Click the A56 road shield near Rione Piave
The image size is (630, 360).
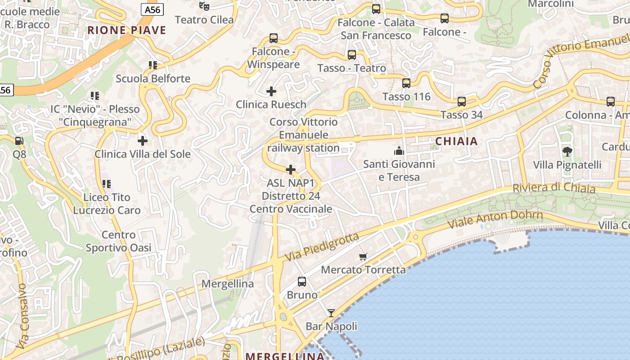tap(152, 9)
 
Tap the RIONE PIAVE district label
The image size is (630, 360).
tap(126, 31)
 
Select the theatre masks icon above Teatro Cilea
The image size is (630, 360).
tap(204, 6)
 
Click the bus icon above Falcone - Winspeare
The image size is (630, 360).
tap(274, 38)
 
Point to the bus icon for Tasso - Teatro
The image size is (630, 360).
tap(352, 55)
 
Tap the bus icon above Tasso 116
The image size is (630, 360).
tap(406, 83)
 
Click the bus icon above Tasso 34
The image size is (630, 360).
tap(462, 102)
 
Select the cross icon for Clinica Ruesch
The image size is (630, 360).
tap(271, 91)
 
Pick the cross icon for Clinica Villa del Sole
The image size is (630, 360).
tap(143, 141)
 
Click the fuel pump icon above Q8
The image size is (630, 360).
tap(19, 141)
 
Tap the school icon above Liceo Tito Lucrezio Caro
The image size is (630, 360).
tap(107, 184)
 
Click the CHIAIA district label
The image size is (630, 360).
tap(456, 141)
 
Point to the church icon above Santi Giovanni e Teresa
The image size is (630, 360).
tap(399, 151)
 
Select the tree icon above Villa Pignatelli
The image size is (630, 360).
tap(567, 152)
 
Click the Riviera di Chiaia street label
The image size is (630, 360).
tap(554, 188)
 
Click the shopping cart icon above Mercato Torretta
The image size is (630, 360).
tap(363, 257)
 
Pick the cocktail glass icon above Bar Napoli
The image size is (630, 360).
tap(331, 313)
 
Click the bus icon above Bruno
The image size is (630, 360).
tap(302, 282)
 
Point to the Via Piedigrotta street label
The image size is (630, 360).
tap(322, 247)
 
